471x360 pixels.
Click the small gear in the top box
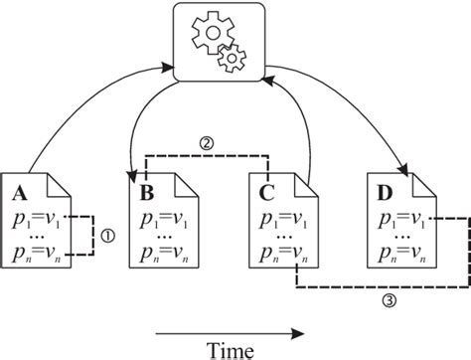(x=233, y=59)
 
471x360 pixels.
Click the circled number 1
(x=110, y=236)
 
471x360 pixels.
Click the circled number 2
(x=207, y=142)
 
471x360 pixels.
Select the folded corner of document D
(x=425, y=182)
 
